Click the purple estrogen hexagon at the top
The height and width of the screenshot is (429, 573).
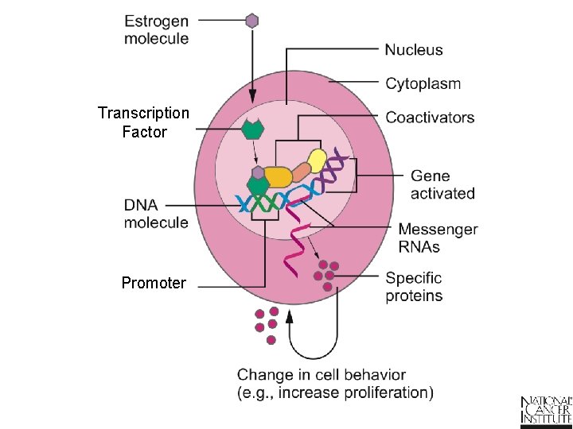pyautogui.click(x=252, y=21)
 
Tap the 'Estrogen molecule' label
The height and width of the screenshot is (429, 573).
pyautogui.click(x=156, y=29)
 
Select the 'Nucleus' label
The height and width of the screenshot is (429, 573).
pyautogui.click(x=414, y=49)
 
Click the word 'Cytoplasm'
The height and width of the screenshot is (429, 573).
pyautogui.click(x=423, y=83)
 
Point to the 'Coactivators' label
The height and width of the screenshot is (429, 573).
pyautogui.click(x=430, y=118)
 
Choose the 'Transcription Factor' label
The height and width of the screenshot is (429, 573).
pyautogui.click(x=143, y=122)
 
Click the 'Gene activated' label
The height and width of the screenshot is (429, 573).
pyautogui.click(x=442, y=184)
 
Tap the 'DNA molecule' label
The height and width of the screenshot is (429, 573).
pyautogui.click(x=156, y=214)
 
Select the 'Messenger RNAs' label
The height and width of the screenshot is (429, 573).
pyautogui.click(x=439, y=238)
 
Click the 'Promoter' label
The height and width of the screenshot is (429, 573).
pyautogui.click(x=154, y=283)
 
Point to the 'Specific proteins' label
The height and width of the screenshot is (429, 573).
pyautogui.click(x=414, y=287)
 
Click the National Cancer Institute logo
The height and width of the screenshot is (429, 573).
pyautogui.click(x=546, y=408)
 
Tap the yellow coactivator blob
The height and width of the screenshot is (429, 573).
pyautogui.click(x=317, y=161)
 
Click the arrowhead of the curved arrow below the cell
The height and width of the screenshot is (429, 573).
pyautogui.click(x=290, y=317)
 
